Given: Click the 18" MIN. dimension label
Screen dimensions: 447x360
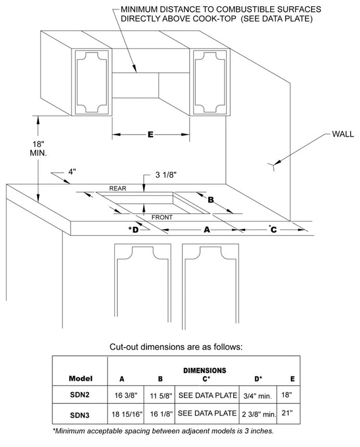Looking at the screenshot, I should point(38,149).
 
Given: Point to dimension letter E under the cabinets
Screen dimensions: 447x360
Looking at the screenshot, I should point(151,135).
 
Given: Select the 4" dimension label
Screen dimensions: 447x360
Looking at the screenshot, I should point(72,172).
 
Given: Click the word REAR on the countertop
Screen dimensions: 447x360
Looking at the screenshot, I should point(118,188).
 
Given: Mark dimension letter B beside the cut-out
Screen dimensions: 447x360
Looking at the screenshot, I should point(211,200).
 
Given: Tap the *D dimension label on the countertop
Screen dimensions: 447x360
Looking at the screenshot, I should point(134,229).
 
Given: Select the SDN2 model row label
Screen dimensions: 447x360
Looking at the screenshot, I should point(79,395).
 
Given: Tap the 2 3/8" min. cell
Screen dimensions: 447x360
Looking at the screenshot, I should point(258,414).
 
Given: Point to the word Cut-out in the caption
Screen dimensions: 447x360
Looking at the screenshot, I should point(125,346).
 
